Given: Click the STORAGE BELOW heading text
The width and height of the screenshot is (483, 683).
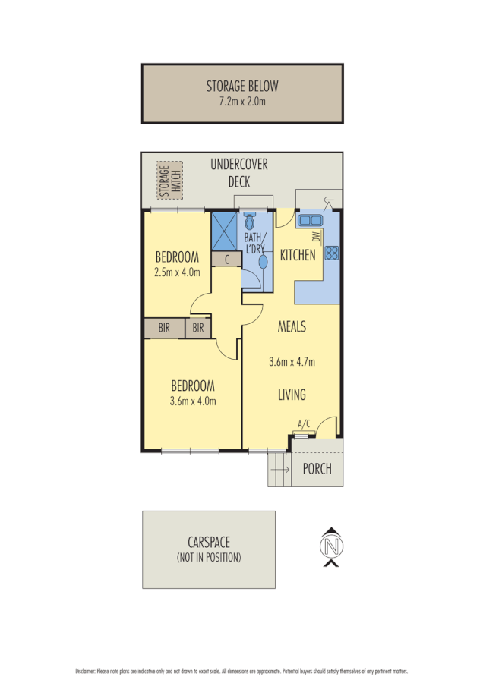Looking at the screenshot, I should tap(242, 85).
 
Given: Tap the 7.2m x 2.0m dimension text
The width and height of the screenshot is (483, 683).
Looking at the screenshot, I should tap(242, 99).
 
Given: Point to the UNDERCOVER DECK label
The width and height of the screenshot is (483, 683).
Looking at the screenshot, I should tap(239, 173).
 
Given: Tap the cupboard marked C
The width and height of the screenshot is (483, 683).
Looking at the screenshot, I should tap(226, 260).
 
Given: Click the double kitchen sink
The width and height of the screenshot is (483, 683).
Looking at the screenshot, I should tap(310, 220).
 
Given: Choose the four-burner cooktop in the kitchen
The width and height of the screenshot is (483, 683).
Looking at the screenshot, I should tap(332, 254).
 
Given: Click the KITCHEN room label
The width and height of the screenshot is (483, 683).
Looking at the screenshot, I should tap(298, 256).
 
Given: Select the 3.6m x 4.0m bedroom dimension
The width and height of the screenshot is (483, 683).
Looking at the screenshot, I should tap(193, 401).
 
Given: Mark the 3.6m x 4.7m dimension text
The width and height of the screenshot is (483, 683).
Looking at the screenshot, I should tap(292, 362).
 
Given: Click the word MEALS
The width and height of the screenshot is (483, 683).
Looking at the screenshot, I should tap(292, 327).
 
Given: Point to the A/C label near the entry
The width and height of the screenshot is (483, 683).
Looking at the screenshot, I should tap(304, 424).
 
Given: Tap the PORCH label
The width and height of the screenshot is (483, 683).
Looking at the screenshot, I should tap(317, 469).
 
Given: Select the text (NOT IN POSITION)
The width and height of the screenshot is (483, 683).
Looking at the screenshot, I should tap(209, 558).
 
